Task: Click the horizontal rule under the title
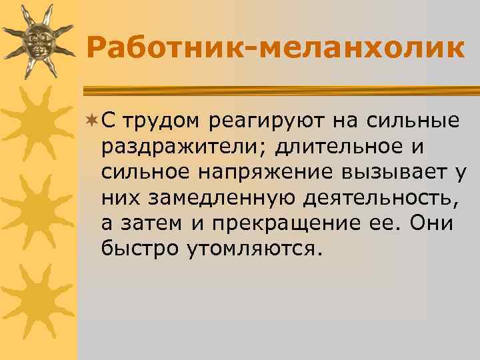(280, 88)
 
